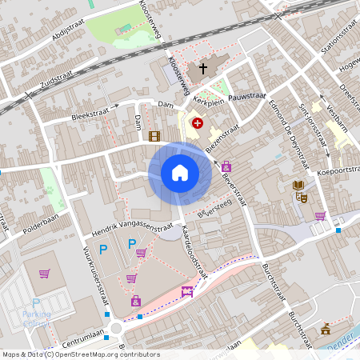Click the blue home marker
(x=180, y=172)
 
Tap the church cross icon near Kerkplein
(x=203, y=69)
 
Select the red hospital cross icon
(x=198, y=124)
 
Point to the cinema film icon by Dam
(x=154, y=136)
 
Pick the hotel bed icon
(x=188, y=292)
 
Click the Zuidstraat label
(x=54, y=80)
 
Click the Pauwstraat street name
(x=246, y=96)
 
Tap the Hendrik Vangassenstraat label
(x=132, y=228)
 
